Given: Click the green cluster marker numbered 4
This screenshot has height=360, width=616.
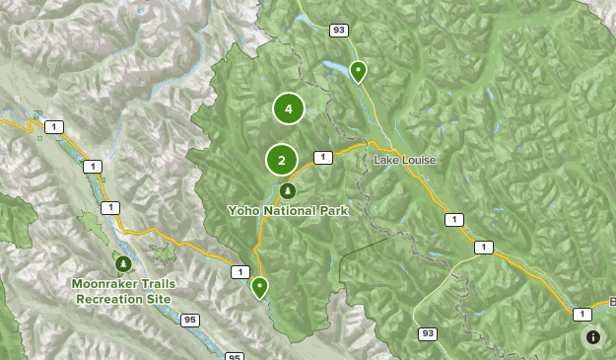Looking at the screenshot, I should point(289,108).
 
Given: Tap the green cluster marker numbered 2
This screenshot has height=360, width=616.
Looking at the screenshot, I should point(282,159).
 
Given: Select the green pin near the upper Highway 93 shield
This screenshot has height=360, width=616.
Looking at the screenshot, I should point(358,71).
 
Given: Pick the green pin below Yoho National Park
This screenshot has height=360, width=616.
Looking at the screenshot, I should point(260,287).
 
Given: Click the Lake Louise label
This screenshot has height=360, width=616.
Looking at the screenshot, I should point(404,160).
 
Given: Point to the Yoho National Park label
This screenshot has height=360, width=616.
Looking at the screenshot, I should point(287,210).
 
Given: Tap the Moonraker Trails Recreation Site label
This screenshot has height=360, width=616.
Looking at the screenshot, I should point(123,290).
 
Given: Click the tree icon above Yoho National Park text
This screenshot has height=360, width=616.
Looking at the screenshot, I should point(287,190).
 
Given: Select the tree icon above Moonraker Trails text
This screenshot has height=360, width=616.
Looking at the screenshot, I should point(123,263).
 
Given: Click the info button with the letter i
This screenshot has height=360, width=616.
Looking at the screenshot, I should point(593,337).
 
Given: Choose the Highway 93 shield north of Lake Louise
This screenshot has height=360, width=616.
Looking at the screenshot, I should point(339,31).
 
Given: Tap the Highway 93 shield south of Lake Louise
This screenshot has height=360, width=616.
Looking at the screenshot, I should point(427,332).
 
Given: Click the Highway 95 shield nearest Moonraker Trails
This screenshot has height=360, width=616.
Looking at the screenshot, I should point(190,320).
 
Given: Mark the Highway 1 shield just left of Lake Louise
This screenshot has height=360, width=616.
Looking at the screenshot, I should point(322,157).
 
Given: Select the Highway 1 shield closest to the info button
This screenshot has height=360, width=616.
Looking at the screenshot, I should point(582,314).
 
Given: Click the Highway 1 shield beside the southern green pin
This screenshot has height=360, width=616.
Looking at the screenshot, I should point(239,271).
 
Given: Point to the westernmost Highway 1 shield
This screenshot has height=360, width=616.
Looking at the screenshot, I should point(52,126).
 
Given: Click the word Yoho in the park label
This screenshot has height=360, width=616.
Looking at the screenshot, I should point(243,210).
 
